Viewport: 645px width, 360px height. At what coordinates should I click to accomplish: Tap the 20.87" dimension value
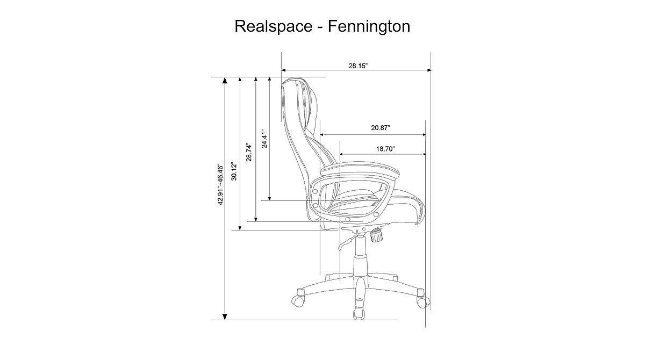[x=380, y=128]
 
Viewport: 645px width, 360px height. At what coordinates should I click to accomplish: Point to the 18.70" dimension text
[x=383, y=148]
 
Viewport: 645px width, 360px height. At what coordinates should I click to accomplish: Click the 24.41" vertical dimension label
[x=263, y=139]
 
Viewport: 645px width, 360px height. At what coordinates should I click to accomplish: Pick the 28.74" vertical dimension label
[x=249, y=152]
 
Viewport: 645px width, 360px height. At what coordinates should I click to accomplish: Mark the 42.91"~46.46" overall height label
[x=219, y=184]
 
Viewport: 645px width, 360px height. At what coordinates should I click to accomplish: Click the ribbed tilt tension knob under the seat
[x=376, y=235]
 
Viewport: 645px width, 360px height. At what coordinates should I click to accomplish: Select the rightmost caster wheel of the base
[x=423, y=300]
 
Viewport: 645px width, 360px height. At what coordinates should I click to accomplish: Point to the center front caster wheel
[x=357, y=312]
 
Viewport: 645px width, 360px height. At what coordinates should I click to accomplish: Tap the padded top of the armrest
[x=360, y=171]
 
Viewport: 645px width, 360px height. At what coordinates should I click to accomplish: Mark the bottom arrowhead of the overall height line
[x=225, y=315]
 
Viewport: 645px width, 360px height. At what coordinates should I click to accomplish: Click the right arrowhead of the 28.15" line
[x=428, y=70]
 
